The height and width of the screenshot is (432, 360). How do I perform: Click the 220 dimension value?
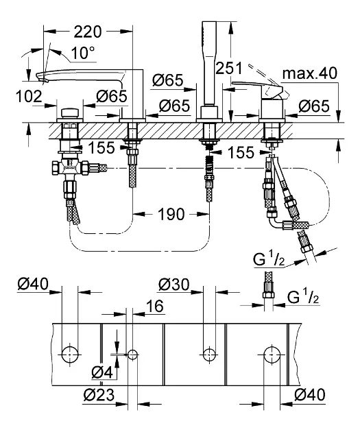coord(87,32)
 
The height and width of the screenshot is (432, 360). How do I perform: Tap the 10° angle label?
coord(79,53)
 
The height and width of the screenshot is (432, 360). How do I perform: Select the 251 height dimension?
coord(228,69)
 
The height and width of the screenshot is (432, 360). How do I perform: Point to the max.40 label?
coord(309,73)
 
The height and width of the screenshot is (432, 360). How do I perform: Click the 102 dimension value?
coord(29,97)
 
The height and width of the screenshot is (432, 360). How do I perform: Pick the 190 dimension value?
coord(171,214)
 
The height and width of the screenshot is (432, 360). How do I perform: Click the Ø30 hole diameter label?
coord(174,285)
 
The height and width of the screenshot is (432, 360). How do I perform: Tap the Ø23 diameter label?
coord(99,395)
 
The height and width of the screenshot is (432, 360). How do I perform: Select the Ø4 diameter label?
coord(102,373)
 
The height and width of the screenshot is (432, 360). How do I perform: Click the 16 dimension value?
coord(155,306)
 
